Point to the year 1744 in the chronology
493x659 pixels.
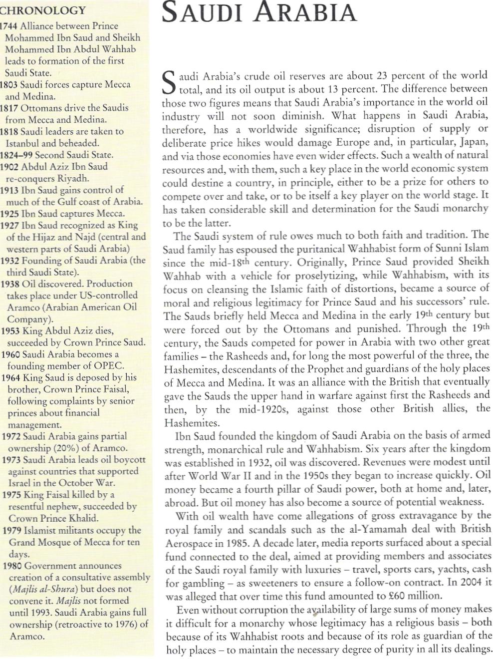(x=8, y=25)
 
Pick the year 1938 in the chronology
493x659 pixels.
(x=10, y=284)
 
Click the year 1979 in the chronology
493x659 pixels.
(x=11, y=530)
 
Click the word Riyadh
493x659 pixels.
(x=73, y=178)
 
